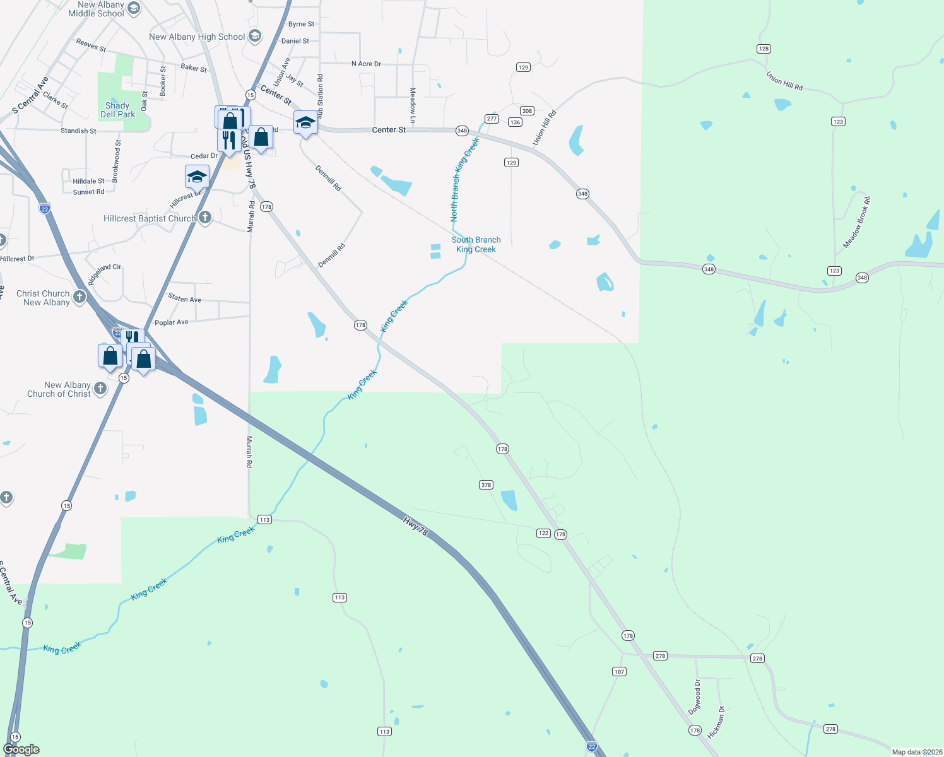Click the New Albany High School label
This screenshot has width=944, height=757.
click(x=196, y=37)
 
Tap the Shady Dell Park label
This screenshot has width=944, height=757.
click(x=117, y=110)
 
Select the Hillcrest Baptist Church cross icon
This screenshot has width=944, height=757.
click(x=205, y=218)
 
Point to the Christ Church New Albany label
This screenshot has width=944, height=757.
click(x=43, y=298)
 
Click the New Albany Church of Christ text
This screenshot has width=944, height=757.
click(x=59, y=389)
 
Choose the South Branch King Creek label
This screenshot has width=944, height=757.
click(x=476, y=245)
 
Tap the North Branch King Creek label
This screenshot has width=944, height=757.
click(x=464, y=179)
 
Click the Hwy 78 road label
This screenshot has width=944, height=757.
click(x=415, y=526)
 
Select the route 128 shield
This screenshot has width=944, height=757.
click(x=764, y=49)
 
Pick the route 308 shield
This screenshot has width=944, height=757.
click(x=527, y=111)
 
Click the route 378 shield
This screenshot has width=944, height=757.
click(x=486, y=485)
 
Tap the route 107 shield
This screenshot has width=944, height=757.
click(x=619, y=672)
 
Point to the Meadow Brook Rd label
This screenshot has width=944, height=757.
click(x=857, y=222)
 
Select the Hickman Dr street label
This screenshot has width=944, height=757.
click(x=716, y=722)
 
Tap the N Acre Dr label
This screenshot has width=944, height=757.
click(x=366, y=64)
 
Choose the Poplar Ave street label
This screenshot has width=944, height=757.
click(x=172, y=322)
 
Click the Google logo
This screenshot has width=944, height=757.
click(x=21, y=749)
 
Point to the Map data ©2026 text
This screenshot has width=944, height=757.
click(x=917, y=752)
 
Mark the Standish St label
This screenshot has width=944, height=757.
click(x=78, y=131)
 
